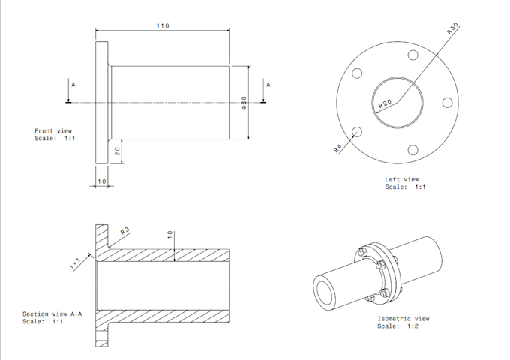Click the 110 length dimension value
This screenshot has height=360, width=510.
click(x=163, y=26)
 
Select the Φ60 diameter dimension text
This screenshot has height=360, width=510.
click(x=244, y=102)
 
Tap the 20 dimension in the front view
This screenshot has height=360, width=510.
click(x=118, y=151)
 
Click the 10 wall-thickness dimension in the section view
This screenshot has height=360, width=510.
click(x=170, y=235)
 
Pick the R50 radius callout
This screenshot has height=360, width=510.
click(x=452, y=29)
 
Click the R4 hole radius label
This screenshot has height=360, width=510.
click(x=338, y=148)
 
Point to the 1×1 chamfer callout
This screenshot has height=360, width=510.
click(x=75, y=262)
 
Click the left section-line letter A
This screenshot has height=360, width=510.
click(x=73, y=85)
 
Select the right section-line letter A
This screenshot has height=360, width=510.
click(x=268, y=84)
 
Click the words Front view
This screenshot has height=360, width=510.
click(x=53, y=131)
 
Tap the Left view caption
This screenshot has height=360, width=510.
click(x=402, y=180)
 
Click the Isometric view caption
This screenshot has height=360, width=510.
click(x=403, y=319)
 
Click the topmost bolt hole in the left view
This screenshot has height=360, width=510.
click(x=412, y=55)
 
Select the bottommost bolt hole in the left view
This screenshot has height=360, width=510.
click(x=412, y=149)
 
